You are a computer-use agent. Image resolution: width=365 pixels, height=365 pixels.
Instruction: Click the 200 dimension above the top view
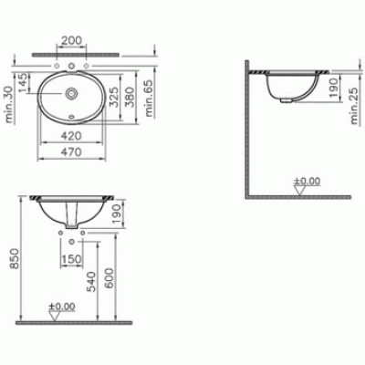click(72, 40)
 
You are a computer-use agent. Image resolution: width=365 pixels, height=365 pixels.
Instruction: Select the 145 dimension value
click(23, 82)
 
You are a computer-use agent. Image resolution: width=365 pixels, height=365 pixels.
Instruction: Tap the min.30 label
click(10, 105)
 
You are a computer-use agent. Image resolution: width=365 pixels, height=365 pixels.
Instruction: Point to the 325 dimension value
click(113, 97)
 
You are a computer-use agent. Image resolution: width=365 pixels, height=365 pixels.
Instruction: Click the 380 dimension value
click(130, 97)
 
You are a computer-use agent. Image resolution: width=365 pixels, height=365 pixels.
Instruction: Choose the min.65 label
click(149, 99)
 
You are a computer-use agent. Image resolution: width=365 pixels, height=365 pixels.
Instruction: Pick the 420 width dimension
click(71, 136)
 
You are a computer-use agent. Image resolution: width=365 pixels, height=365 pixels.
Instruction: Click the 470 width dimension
click(71, 151)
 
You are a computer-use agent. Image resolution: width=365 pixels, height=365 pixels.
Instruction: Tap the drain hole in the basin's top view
click(71, 93)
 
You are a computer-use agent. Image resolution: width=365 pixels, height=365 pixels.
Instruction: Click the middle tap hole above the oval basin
click(71, 66)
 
